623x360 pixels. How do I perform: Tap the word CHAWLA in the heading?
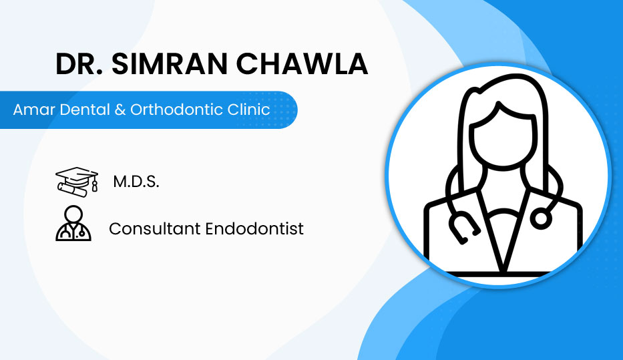302,63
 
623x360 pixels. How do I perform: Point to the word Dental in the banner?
85,110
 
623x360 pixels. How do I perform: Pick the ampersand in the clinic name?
120,110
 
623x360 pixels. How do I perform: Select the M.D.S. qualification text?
136,182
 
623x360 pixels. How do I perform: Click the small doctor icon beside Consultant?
73,223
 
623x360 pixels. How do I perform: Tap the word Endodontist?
254,229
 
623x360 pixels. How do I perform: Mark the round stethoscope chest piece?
541,218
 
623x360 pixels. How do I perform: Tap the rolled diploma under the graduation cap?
72,190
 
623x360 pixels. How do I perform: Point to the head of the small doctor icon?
73,214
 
